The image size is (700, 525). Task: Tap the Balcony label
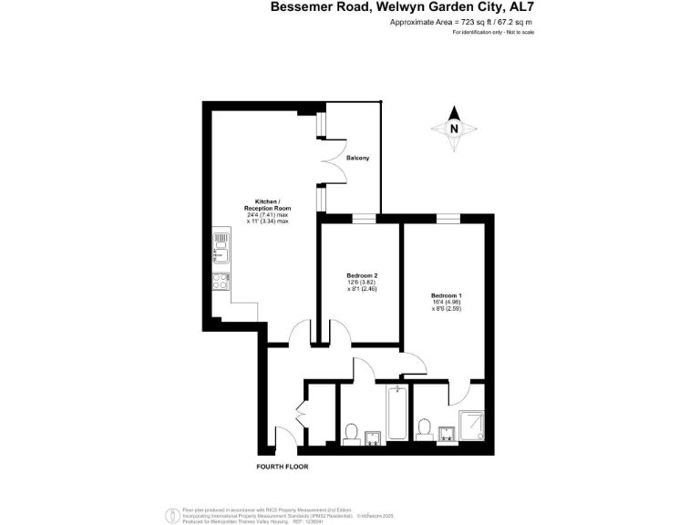coord(357,159)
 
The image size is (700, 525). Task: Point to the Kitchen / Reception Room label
coord(266,211)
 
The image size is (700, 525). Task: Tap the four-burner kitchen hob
coord(221,281)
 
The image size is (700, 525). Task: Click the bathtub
coord(397,415)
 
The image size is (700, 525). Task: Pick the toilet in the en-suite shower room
coord(423,428)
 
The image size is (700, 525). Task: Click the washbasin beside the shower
coord(447,432)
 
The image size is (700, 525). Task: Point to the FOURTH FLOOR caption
coord(282,467)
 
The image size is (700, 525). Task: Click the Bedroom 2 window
coord(362,218)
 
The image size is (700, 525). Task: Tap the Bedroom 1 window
coord(447,218)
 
